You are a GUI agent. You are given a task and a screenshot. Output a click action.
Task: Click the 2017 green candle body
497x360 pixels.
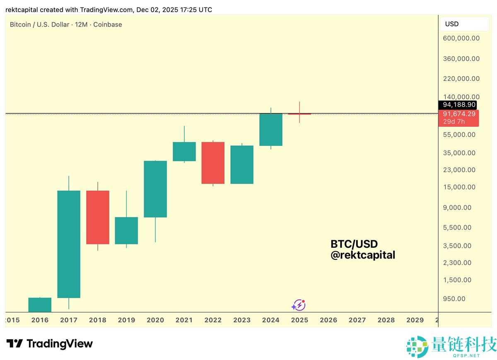(x=69, y=244)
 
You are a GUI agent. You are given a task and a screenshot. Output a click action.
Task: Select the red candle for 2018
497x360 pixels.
(x=98, y=217)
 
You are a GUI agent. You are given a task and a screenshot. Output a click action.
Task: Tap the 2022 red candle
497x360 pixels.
(x=213, y=163)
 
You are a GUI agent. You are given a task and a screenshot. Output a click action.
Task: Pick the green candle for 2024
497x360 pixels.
(x=271, y=129)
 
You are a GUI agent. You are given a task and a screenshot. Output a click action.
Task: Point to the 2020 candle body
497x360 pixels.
(x=155, y=189)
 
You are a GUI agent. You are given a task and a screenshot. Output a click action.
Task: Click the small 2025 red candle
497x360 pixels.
(x=299, y=114)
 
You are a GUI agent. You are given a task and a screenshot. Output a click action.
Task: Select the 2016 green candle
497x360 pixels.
(x=40, y=304)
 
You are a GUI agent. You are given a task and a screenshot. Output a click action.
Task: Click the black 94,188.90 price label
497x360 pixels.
(x=459, y=105)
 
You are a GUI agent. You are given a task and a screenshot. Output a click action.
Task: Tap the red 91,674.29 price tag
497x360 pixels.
(x=459, y=114)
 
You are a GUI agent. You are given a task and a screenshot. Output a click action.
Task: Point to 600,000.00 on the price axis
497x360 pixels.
(x=461, y=39)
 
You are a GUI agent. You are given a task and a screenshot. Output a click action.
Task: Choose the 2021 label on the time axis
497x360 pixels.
(x=184, y=320)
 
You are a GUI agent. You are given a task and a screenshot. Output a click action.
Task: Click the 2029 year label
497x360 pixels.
(x=415, y=320)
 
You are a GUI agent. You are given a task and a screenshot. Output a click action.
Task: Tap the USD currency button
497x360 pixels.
(x=452, y=24)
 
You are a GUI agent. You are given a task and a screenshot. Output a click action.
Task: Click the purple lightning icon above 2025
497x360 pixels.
(x=298, y=305)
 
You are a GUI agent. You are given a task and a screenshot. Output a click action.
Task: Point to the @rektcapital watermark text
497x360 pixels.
(x=363, y=255)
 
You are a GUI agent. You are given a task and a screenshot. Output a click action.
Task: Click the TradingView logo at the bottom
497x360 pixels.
(x=49, y=344)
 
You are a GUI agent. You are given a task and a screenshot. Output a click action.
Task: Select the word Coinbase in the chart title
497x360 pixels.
(x=108, y=24)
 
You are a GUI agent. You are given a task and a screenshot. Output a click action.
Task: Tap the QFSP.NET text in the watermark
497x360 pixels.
(x=467, y=355)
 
